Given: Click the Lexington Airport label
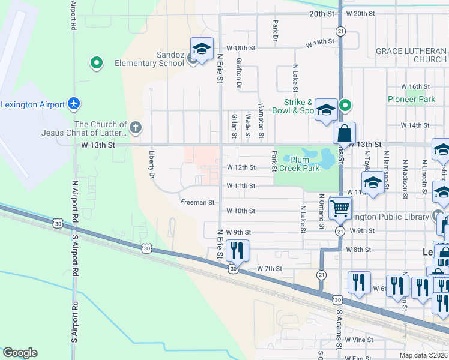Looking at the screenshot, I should [x=32, y=104].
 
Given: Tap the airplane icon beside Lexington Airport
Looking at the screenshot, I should [x=74, y=104].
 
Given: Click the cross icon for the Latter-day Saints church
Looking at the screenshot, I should [x=136, y=127].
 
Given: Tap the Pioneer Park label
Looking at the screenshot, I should [x=411, y=99].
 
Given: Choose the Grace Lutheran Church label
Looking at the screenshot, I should [x=411, y=55].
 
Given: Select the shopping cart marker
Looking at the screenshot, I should [x=340, y=208].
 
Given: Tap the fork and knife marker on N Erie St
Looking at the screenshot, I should [x=237, y=250].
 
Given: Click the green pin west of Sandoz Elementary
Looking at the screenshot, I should [x=95, y=62].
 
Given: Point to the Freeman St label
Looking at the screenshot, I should [x=197, y=203].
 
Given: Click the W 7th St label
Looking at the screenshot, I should [x=270, y=269].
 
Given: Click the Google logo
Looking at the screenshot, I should [x=20, y=353].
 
